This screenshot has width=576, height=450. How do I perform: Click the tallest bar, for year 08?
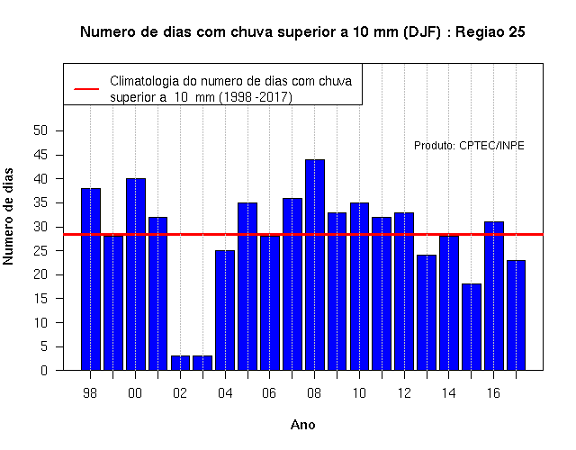click(x=315, y=265)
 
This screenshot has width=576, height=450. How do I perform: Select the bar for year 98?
click(x=90, y=279)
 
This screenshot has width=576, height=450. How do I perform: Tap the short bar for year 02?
click(x=180, y=363)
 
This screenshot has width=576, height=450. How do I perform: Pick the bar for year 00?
click(x=136, y=274)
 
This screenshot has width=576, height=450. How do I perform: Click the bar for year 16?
click(x=494, y=296)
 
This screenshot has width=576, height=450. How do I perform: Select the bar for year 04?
click(x=225, y=310)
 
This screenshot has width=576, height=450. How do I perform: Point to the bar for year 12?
click(x=404, y=292)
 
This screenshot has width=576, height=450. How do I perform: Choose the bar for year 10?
click(x=359, y=286)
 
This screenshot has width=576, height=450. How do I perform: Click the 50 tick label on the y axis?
click(x=40, y=130)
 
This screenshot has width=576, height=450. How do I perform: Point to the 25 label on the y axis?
click(x=40, y=251)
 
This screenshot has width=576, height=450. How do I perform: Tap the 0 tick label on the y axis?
click(x=44, y=370)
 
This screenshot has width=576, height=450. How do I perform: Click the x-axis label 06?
click(x=269, y=393)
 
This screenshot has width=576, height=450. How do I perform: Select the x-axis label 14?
click(x=448, y=393)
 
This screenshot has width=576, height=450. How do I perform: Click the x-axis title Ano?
click(x=302, y=425)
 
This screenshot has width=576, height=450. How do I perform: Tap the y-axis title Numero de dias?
click(x=8, y=216)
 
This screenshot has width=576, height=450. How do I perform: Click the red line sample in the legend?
click(x=86, y=89)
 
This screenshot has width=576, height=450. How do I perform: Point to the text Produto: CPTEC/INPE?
click(x=469, y=146)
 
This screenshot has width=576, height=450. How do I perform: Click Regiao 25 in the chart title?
click(x=490, y=32)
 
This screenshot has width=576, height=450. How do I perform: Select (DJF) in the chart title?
click(x=422, y=32)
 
